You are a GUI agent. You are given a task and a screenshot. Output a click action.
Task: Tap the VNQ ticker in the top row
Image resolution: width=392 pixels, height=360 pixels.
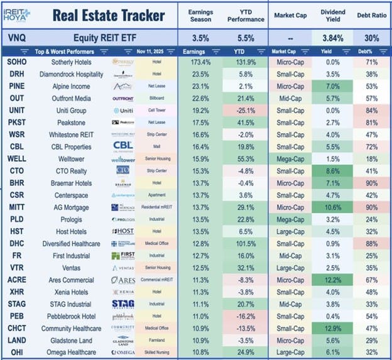click(x=17, y=38)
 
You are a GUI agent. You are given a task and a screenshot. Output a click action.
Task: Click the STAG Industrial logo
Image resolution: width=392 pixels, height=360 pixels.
click(x=123, y=303)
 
